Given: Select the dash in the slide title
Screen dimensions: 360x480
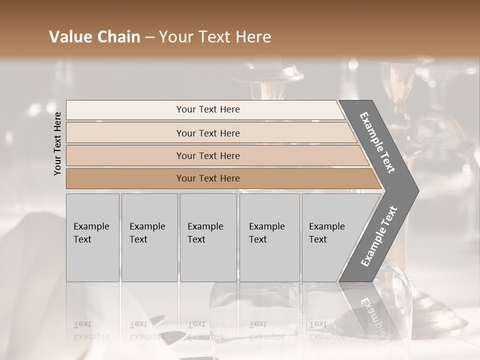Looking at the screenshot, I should (149, 37).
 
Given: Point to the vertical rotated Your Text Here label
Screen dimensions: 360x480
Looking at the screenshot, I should (57, 143).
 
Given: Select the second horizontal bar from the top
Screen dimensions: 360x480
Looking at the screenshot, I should (208, 133).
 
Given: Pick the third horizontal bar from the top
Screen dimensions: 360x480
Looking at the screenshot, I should (208, 155).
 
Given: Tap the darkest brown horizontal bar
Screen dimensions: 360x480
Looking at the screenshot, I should (208, 178).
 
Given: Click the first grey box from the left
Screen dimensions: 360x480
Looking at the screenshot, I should (92, 237).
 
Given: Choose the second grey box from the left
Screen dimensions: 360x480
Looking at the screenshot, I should (149, 237).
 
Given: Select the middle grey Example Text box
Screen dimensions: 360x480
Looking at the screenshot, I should (208, 237).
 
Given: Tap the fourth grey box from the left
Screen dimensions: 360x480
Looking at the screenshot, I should (269, 237).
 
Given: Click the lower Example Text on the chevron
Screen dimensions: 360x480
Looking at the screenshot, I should (379, 236).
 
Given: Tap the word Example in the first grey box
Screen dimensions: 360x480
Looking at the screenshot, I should (91, 226).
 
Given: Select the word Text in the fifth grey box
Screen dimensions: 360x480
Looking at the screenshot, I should (317, 239).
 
